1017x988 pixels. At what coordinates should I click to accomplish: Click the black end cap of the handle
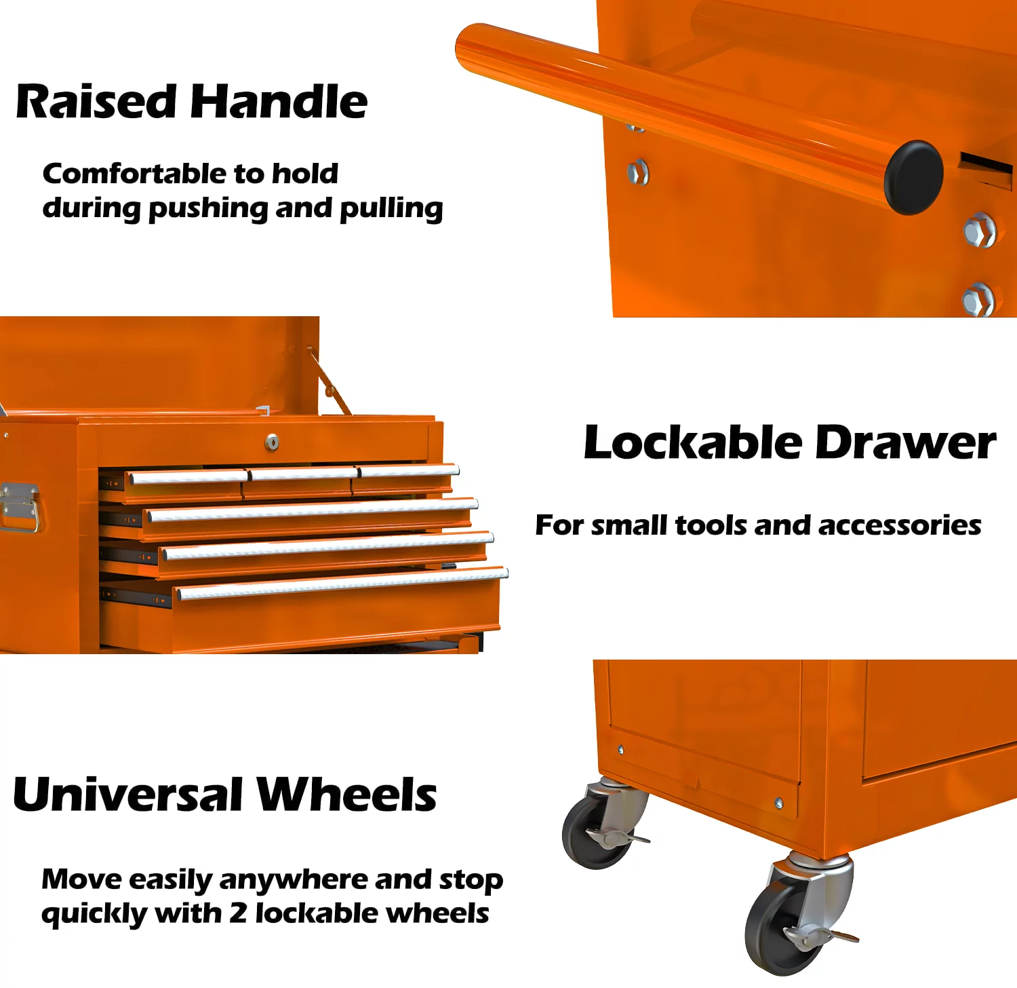(x=913, y=177)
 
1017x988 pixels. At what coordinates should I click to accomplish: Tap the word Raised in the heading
(x=96, y=102)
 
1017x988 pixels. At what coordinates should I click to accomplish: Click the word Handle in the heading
(x=279, y=102)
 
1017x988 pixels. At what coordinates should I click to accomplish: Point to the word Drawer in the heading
(x=905, y=442)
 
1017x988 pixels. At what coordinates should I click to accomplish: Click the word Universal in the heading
(x=128, y=794)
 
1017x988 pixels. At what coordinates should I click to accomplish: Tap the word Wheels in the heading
(x=346, y=794)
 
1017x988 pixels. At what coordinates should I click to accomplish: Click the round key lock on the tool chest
(x=272, y=442)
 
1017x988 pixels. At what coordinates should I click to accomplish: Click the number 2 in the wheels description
(x=237, y=913)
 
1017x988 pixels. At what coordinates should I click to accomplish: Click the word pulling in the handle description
(x=391, y=209)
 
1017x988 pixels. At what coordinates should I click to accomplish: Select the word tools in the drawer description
(x=711, y=525)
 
